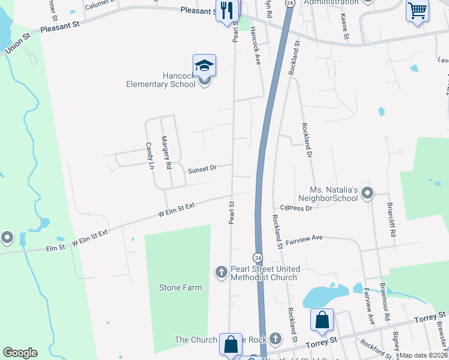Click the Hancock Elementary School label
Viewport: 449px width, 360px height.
pyautogui.click(x=161, y=80)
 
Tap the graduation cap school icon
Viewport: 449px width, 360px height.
pyautogui.click(x=204, y=65)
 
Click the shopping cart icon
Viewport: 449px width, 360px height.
pyautogui.click(x=418, y=10)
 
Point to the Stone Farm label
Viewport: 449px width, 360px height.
pyautogui.click(x=180, y=287)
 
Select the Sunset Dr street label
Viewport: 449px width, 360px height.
pyautogui.click(x=201, y=170)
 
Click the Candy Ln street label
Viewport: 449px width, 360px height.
pyautogui.click(x=150, y=156)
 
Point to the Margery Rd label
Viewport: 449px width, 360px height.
pyautogui.click(x=166, y=152)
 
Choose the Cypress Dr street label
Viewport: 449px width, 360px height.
pyautogui.click(x=296, y=208)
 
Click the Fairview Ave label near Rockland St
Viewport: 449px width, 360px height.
pyautogui.click(x=304, y=238)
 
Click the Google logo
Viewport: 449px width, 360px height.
pyautogui.click(x=20, y=353)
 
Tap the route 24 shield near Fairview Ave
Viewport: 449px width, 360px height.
pyautogui.click(x=258, y=257)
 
